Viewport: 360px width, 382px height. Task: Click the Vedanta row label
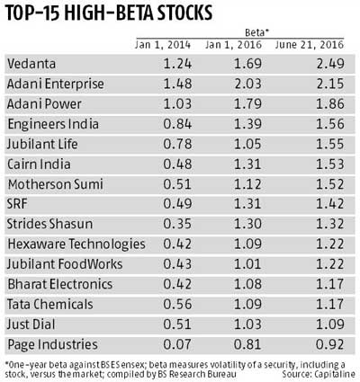[x=31, y=63]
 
